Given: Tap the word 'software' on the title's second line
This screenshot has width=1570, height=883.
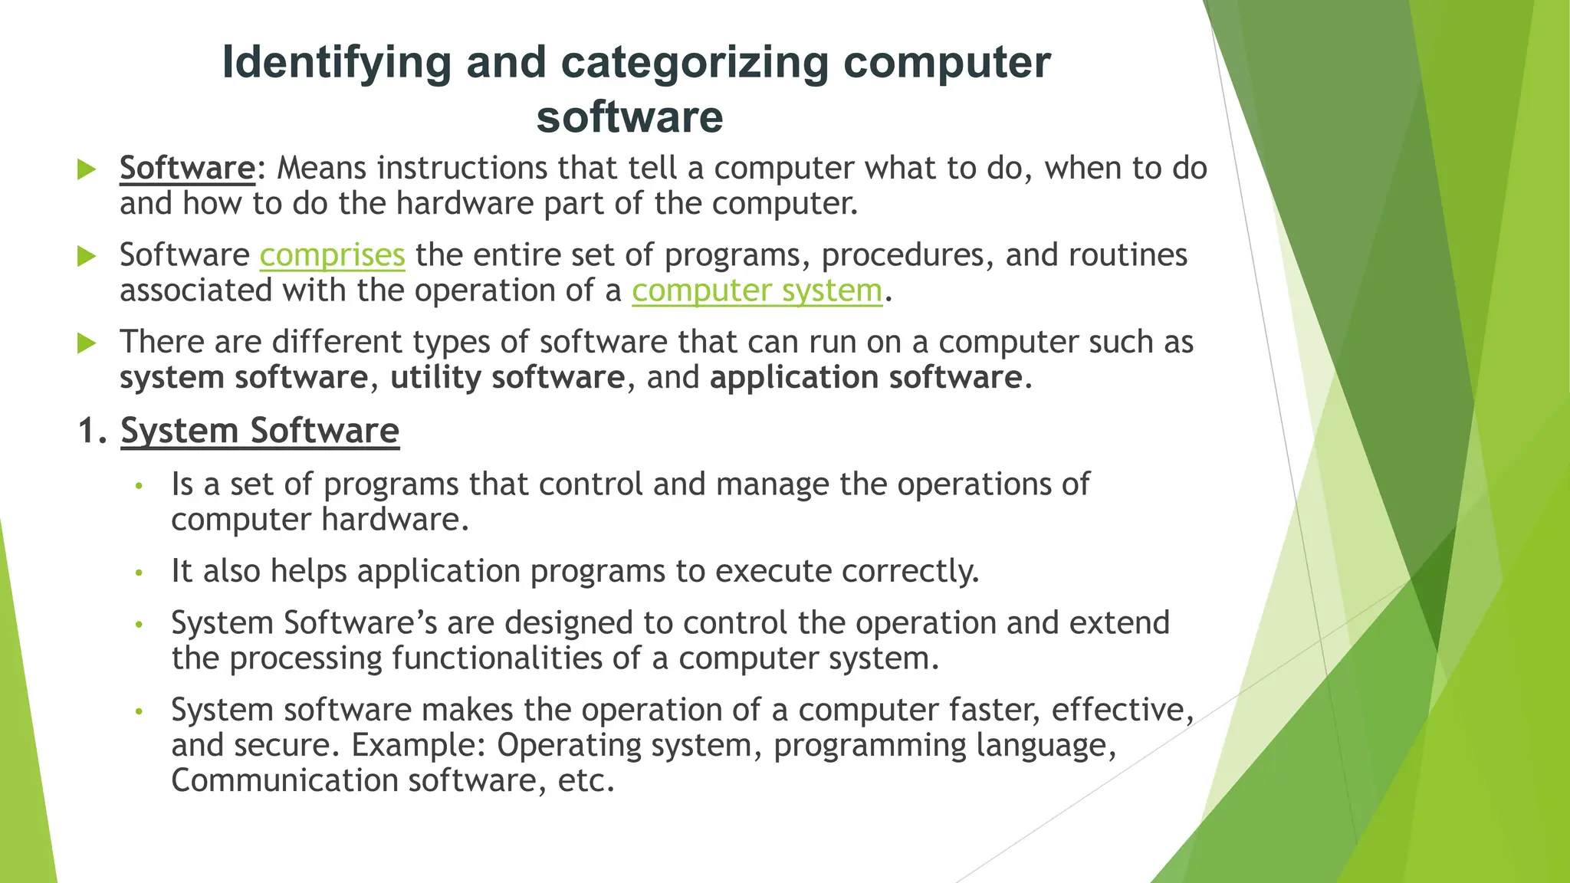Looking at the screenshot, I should [x=629, y=117].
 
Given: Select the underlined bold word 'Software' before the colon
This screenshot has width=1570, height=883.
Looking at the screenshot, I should [x=187, y=168].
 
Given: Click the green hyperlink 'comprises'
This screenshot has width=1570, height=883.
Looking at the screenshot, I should [x=332, y=255].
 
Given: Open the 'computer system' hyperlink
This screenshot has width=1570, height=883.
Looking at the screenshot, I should [x=757, y=291].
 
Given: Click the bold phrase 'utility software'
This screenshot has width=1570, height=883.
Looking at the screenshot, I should [x=507, y=378].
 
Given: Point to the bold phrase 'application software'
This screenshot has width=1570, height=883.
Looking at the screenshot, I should [x=866, y=378].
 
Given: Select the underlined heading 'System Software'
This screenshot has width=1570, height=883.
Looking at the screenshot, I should [x=260, y=431].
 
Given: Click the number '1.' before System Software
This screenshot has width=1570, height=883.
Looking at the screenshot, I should [x=92, y=431].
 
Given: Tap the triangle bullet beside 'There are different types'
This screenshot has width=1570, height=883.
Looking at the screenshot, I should [x=87, y=343].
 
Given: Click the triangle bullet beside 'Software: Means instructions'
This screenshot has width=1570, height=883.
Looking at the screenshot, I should [x=87, y=169].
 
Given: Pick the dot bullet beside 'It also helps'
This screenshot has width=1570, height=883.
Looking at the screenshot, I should [x=139, y=573].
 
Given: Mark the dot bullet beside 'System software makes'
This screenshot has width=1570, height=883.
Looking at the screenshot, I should [x=139, y=711].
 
